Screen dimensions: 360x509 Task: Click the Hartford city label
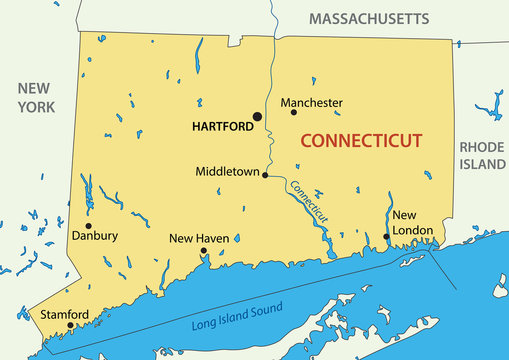coord(220,128)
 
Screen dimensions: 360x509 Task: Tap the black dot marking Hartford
coord(257,117)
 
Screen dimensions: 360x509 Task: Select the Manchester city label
coord(311,102)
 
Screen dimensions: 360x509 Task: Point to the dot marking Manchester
coord(293,112)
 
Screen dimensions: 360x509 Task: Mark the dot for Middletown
coord(265,175)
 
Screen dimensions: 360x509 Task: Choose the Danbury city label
coord(95,236)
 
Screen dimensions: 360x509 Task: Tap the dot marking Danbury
coord(88,225)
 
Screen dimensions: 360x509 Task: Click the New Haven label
coord(199,238)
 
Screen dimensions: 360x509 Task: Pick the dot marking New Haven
coord(204,252)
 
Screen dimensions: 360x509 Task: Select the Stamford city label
coord(64,314)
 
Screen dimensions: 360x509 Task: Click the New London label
coord(412,222)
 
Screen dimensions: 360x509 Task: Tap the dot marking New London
coord(386,237)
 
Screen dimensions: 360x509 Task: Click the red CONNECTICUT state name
coord(361,141)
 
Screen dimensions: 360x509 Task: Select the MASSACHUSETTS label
coord(368,19)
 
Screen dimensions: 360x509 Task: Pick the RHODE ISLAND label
coord(482,155)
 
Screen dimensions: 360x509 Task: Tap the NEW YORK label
coord(34,97)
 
